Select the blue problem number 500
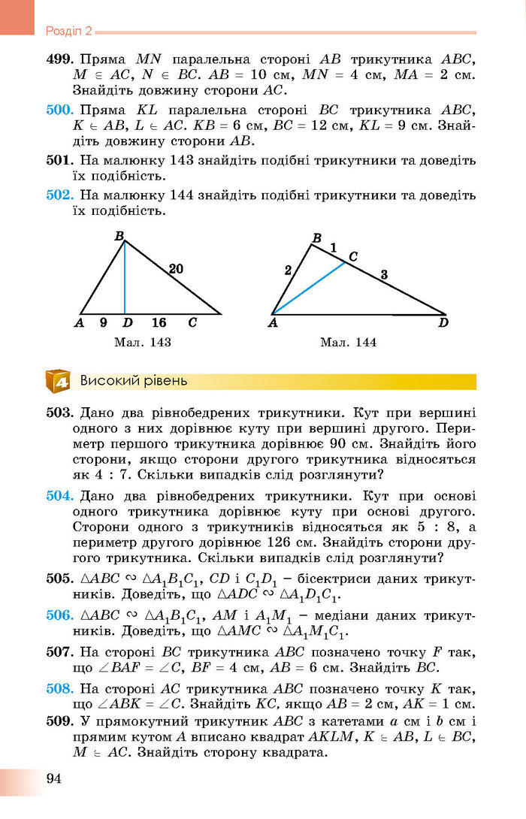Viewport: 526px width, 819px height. click(58, 110)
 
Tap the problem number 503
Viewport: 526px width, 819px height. click(59, 413)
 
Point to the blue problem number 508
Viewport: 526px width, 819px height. click(58, 688)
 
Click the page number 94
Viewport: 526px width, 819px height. click(53, 777)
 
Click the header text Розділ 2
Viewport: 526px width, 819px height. click(68, 32)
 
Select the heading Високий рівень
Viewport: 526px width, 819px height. click(134, 380)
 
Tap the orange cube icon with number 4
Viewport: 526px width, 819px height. click(58, 381)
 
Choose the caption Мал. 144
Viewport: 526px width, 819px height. click(348, 343)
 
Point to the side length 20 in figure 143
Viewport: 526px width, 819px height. click(176, 268)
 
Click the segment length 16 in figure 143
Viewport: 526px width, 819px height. click(159, 323)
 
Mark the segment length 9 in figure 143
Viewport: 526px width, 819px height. click(103, 323)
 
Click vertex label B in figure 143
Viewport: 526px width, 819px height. click(119, 236)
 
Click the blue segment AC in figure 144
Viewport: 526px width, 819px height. click(308, 288)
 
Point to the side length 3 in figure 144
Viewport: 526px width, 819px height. click(384, 275)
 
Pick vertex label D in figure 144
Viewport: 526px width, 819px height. click(443, 324)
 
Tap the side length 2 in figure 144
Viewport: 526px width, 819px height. click(288, 271)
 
